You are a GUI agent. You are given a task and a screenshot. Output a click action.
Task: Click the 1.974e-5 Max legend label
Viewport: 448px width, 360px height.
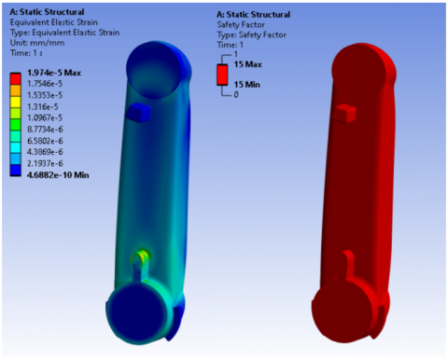click(x=54, y=73)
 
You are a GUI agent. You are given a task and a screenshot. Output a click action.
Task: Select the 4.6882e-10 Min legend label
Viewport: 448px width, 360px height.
click(x=58, y=175)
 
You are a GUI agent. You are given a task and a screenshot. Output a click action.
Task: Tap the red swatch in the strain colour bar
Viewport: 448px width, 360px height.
click(x=15, y=78)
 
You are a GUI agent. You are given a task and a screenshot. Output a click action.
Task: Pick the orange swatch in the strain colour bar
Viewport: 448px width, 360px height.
click(x=15, y=90)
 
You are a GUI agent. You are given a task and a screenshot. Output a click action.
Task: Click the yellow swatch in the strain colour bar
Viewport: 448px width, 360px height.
click(x=15, y=102)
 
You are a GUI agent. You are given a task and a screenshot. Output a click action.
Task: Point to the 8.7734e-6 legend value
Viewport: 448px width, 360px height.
click(x=45, y=130)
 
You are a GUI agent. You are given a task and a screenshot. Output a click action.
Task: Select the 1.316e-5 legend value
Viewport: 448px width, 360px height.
click(x=43, y=106)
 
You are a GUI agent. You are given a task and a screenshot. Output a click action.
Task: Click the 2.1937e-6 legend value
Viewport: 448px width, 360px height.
click(x=45, y=163)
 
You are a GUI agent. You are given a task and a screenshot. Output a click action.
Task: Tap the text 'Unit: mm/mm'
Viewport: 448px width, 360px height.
click(x=37, y=43)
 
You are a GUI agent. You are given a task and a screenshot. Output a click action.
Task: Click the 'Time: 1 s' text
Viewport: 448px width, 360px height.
click(x=26, y=53)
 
